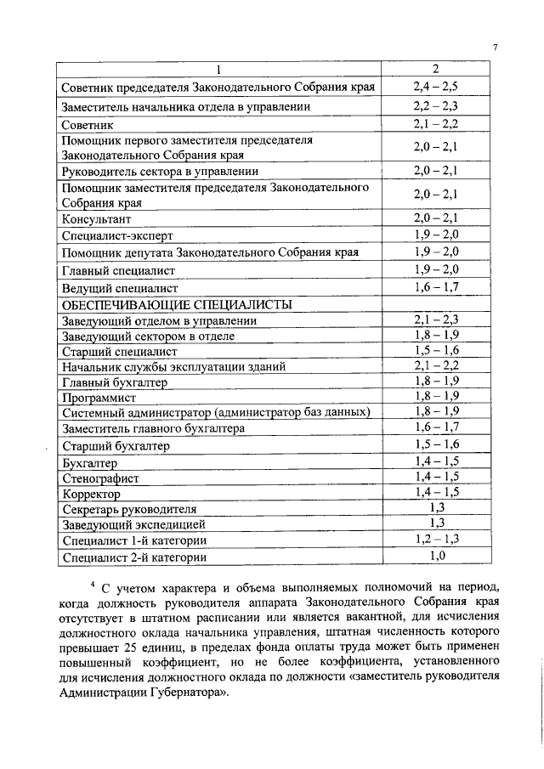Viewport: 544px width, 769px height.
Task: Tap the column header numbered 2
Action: click(434, 70)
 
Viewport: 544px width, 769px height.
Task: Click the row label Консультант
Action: click(96, 219)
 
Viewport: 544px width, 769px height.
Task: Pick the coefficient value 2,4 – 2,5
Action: click(435, 88)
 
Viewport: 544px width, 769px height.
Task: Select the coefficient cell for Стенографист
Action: click(435, 478)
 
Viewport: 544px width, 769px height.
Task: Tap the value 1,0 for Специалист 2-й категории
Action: click(435, 557)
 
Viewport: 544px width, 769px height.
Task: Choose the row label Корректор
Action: click(92, 494)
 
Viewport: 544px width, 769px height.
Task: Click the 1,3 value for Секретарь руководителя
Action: click(435, 508)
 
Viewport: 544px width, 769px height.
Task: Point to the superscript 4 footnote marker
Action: click(93, 585)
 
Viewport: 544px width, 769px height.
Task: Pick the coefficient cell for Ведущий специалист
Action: click(435, 287)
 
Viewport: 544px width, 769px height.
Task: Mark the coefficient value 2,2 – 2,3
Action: click(435, 107)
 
